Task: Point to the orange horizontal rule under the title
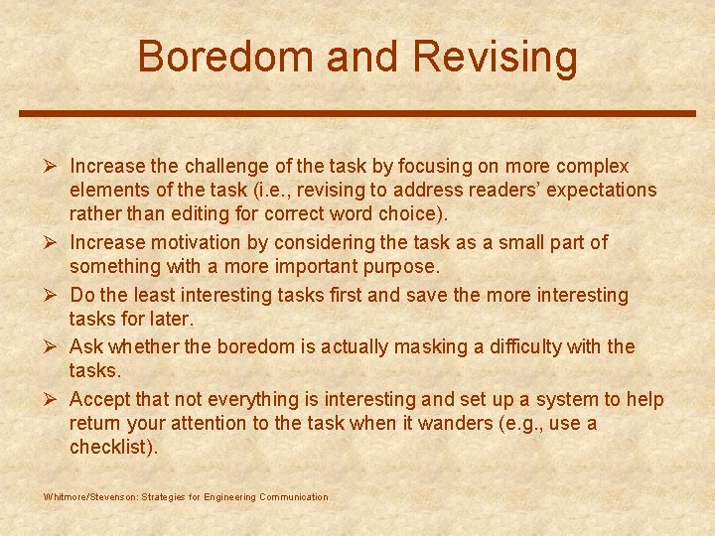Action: click(357, 113)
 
